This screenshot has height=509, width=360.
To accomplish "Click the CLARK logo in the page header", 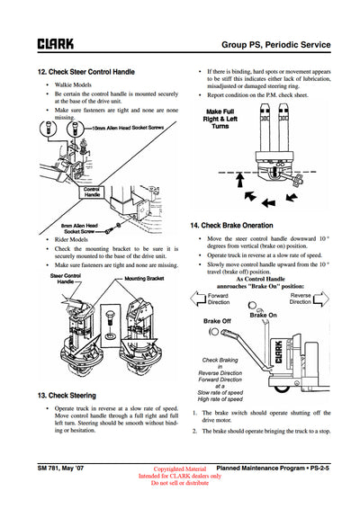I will pos(55,42).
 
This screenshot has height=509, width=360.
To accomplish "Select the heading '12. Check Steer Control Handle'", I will pos(85,71).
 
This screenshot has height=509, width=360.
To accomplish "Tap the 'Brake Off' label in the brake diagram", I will pos(218,321).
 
